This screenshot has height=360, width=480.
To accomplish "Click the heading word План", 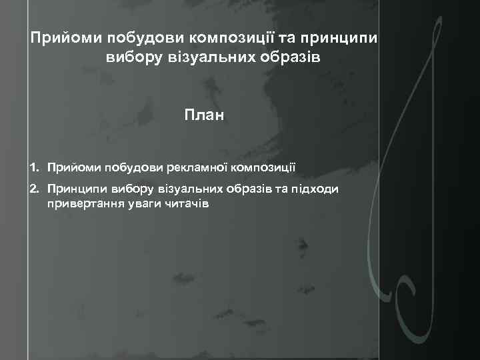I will tap(205, 116).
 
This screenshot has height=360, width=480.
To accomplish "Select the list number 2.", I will tap(34, 189).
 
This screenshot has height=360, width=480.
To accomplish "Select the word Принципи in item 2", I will tap(73, 189).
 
